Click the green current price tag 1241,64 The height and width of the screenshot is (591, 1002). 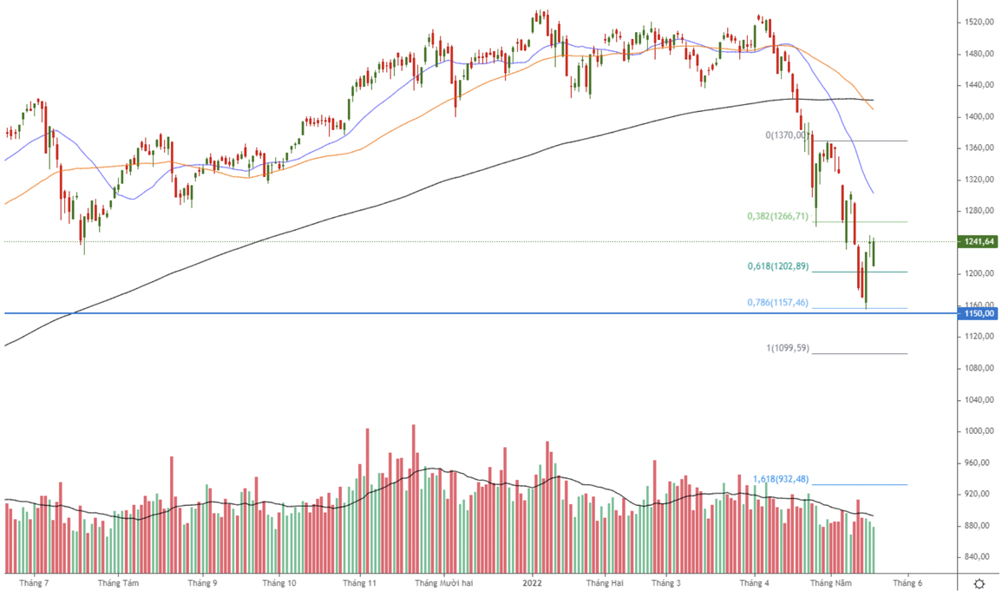(x=977, y=242)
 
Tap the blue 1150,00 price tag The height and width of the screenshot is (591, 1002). (x=977, y=313)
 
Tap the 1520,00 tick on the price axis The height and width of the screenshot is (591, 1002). (x=979, y=23)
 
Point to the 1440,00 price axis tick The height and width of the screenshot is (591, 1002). (x=979, y=85)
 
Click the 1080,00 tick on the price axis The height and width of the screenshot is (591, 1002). (x=979, y=369)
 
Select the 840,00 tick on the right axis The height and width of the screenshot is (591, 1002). (x=979, y=557)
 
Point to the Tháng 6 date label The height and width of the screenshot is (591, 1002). (x=907, y=583)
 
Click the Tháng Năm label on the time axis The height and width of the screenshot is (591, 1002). (x=831, y=583)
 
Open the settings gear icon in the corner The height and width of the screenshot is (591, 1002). (x=979, y=583)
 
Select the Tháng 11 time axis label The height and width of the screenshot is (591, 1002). (x=358, y=583)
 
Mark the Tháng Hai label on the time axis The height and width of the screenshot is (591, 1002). (x=605, y=583)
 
